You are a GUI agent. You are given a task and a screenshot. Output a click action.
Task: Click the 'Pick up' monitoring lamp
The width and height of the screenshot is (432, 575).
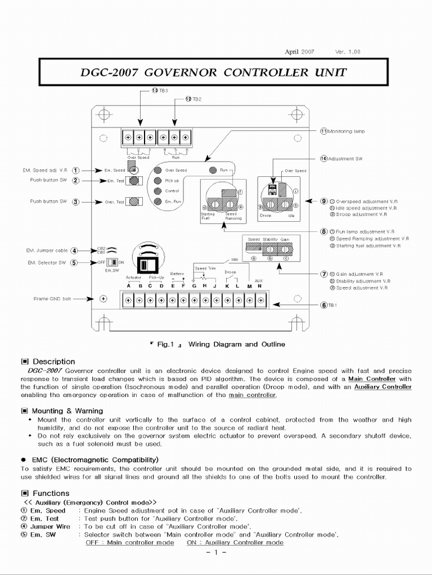pos(159,180)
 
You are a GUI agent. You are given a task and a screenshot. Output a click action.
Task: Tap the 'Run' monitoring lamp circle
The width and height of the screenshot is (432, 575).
pos(213,170)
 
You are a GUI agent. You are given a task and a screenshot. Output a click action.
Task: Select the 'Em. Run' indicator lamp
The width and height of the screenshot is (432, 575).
pos(159,200)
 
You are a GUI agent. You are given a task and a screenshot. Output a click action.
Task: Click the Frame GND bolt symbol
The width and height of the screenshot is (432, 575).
pos(103,298)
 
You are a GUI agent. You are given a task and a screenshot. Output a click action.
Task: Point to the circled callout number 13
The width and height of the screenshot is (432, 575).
pos(155,91)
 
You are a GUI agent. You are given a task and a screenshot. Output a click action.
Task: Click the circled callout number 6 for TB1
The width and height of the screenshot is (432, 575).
pos(323,305)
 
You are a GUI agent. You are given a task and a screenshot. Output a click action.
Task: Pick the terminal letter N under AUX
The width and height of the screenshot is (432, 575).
pos(260,286)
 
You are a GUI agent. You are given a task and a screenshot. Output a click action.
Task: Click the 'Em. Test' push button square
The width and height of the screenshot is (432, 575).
pos(134,181)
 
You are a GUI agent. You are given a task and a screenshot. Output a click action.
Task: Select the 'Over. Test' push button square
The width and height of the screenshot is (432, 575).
pos(134,202)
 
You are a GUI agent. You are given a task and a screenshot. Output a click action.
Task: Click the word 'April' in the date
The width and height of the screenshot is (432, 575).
pos(291,52)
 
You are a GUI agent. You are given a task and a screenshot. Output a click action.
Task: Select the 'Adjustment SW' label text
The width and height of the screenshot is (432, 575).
pos(345,159)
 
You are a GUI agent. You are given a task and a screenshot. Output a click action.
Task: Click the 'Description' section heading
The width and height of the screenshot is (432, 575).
pos(53,362)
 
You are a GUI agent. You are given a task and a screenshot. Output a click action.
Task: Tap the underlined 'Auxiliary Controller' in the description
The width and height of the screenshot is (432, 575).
pos(382,387)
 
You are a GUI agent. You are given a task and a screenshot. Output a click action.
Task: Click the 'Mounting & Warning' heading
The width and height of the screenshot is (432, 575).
pos(67,411)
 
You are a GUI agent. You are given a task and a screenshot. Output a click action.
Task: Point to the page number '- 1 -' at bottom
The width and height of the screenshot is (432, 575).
pos(216,553)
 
